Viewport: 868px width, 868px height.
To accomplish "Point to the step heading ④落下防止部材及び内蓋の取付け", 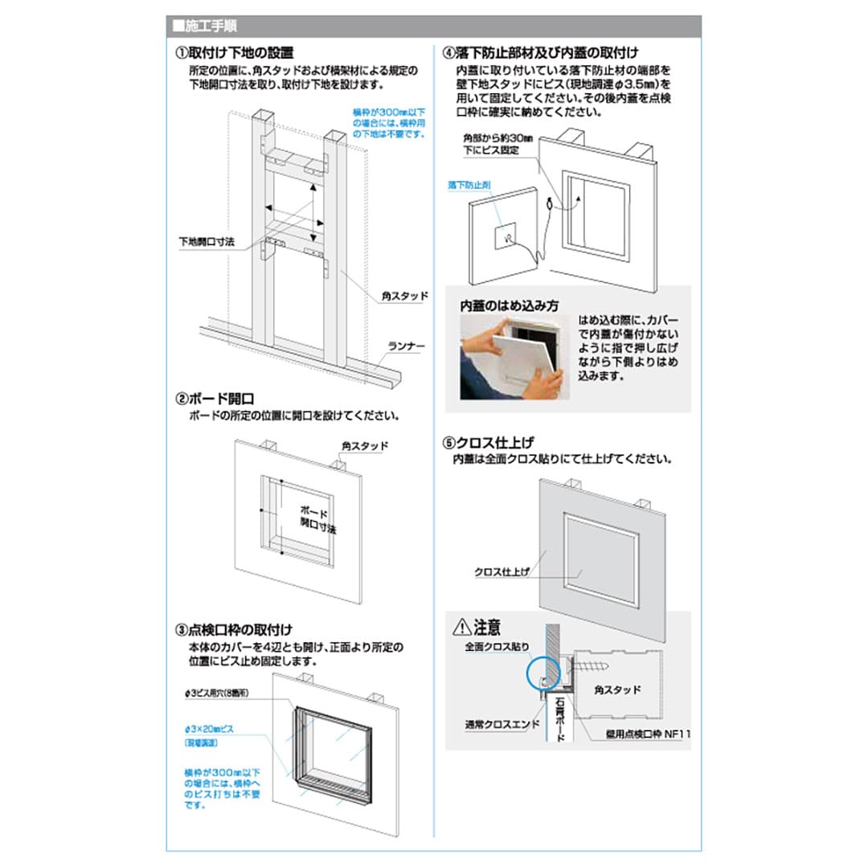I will coord(540,54).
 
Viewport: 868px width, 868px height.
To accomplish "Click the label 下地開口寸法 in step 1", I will coord(207,242).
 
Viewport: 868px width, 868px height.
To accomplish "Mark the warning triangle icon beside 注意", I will coord(461,625).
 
